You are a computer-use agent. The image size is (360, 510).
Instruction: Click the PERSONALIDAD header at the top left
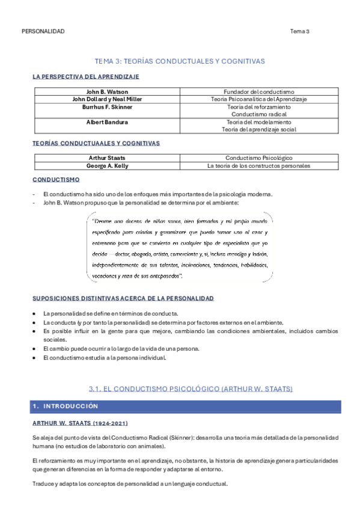pyautogui.click(x=43, y=31)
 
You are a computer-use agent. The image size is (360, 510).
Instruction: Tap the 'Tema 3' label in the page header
pyautogui.click(x=299, y=31)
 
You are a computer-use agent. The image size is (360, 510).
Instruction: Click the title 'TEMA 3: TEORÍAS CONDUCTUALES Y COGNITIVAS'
pyautogui.click(x=180, y=61)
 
